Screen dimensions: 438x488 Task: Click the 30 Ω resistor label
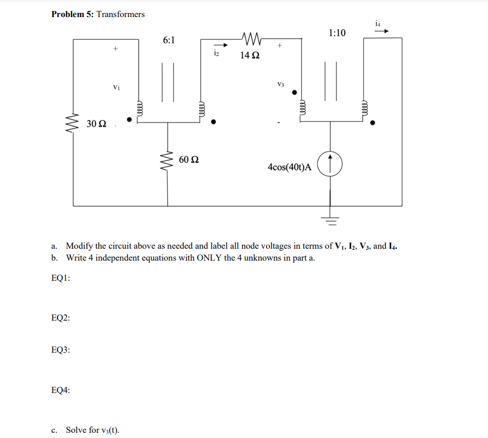97,124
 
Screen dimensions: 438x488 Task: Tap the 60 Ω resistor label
189,159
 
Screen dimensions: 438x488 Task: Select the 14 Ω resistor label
250,55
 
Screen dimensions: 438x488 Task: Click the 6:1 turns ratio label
169,40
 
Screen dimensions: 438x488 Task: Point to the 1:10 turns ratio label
337,33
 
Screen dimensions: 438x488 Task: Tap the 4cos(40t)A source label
289,167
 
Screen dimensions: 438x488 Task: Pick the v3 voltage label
280,84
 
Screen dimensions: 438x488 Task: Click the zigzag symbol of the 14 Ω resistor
250,38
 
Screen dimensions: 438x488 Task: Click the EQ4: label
61,390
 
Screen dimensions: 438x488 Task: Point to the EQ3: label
61,350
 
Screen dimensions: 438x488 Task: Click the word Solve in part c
77,430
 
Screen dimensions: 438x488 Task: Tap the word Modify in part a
79,246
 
